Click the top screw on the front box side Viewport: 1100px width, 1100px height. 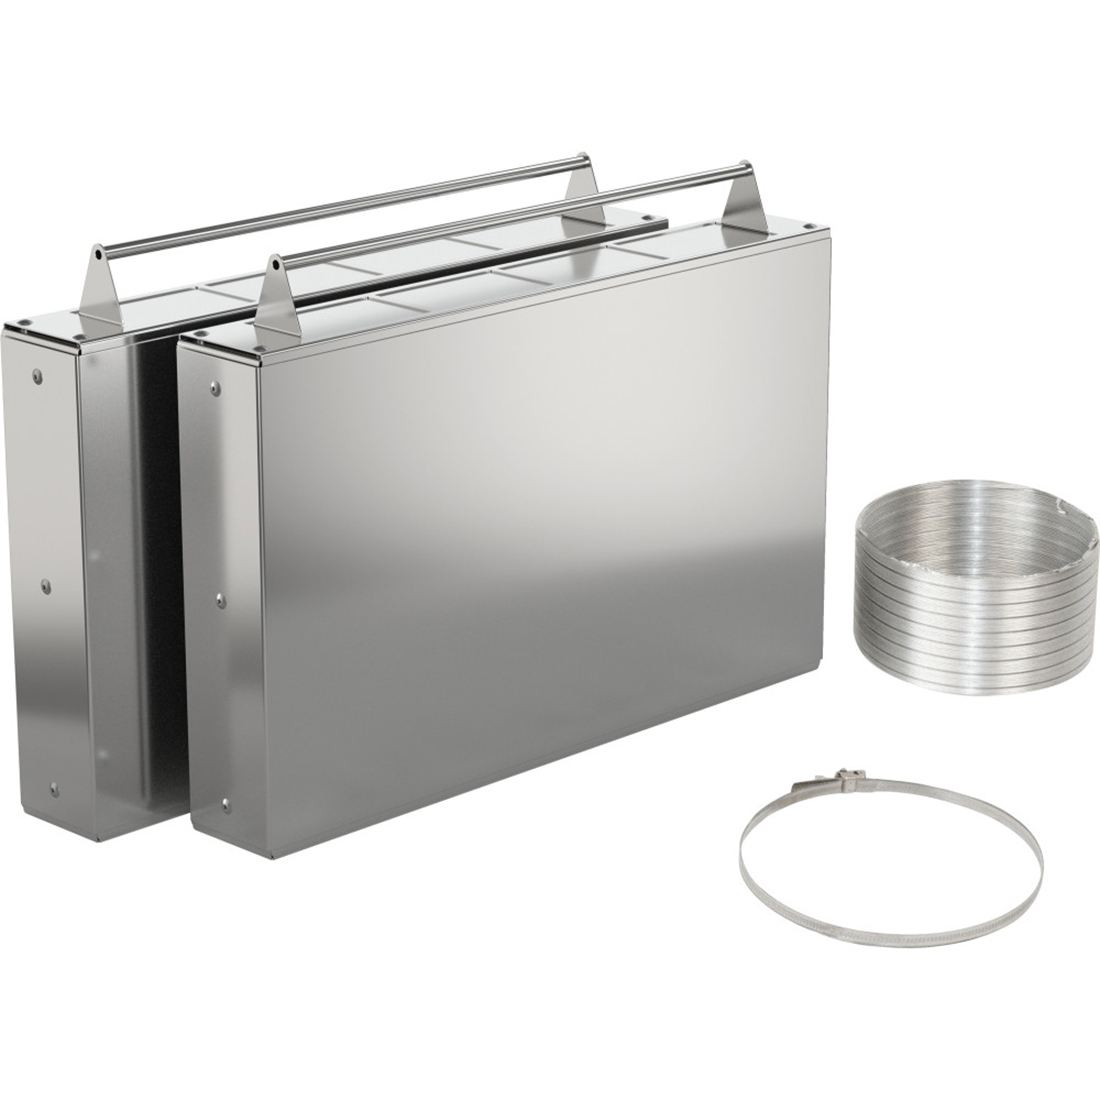coord(214,385)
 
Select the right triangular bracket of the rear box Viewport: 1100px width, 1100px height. coord(582,184)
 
